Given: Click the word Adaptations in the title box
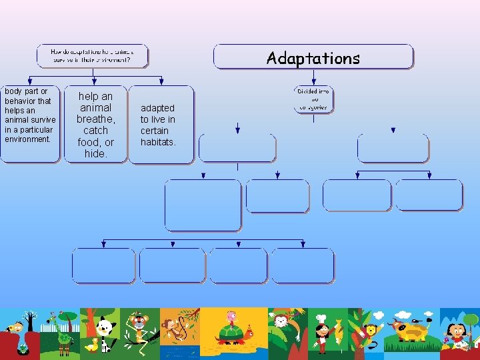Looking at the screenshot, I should pos(313,58).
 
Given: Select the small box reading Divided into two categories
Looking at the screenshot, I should pos(313,99).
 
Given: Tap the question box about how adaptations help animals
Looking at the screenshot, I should pos(92,55).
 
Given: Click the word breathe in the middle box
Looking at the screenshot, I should pos(95,119).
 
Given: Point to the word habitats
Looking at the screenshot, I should pos(158,142).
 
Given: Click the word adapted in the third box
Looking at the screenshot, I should pos(158,108).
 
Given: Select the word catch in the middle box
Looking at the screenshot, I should pos(95,131).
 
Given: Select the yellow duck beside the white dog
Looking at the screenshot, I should pos(92,345).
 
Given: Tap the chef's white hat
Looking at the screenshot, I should pos(321,319).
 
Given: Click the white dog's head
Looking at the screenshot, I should pos(105,327).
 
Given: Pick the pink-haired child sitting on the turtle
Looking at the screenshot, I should pos(231,318).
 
